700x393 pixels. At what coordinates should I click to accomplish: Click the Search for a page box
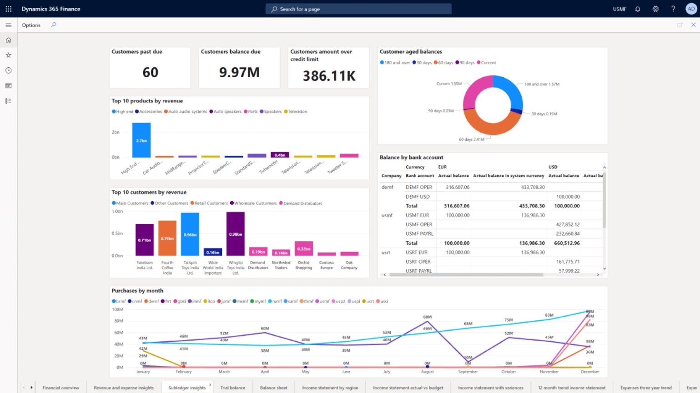coord(358,9)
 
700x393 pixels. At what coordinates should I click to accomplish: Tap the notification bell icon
coord(637,9)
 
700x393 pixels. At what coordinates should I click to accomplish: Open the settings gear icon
coord(655,9)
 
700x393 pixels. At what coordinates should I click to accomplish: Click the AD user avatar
coord(691,9)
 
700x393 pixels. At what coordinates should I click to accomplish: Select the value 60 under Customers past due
coord(150,72)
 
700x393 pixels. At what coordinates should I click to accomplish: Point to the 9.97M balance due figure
coord(239,72)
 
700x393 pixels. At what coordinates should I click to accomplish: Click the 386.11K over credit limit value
coord(329,76)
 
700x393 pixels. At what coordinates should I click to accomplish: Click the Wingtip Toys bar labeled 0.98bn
coord(236,234)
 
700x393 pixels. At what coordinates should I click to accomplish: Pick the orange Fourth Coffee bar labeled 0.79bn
coord(167,238)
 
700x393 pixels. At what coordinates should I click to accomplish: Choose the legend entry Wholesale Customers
coord(255,204)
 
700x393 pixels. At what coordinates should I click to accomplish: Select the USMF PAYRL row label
coord(419,234)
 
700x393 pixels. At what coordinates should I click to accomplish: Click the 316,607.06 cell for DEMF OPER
coord(458,187)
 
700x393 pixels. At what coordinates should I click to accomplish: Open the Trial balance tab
coord(232,388)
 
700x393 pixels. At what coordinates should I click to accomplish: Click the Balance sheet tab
coord(273,388)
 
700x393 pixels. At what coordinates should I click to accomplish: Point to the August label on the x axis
coord(427,372)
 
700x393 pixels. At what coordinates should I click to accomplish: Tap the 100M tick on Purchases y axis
coord(117,309)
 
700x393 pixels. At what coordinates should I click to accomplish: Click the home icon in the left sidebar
coord(8,40)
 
